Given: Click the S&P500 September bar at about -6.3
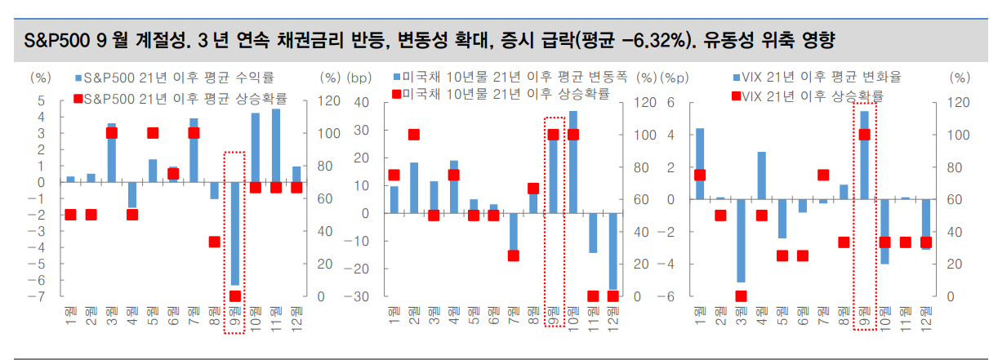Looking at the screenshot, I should coord(234,233).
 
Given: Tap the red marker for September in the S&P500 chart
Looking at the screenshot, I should coord(235,296).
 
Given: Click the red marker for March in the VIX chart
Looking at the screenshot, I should coord(741,296).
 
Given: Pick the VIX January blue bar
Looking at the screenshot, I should coord(700,163).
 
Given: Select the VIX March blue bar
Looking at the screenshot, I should coord(741,241).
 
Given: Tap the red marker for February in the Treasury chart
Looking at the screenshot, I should coord(414,135).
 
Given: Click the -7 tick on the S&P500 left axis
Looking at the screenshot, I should coord(41,296).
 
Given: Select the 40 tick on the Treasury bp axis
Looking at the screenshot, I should coord(362,103).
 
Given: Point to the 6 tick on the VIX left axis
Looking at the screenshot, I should coord(671,103).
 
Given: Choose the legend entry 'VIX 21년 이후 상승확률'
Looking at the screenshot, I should coord(809,96).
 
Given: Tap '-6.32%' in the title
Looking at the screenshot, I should coord(645,40).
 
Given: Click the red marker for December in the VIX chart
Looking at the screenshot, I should coord(926,242).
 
